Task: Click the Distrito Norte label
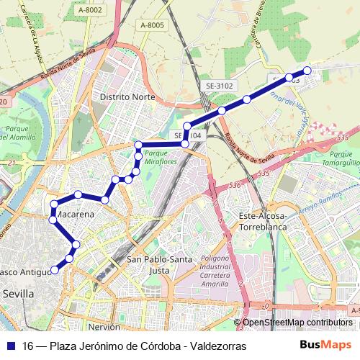click(127, 96)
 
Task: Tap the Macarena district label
click(73, 215)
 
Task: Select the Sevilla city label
click(18, 294)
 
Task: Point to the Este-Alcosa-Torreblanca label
click(263, 220)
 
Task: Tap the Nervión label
click(104, 326)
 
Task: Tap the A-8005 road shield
click(152, 25)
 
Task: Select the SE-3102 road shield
click(220, 86)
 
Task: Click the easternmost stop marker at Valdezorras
click(307, 71)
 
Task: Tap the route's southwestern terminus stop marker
click(54, 271)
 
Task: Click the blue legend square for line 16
click(10, 346)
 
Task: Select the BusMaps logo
click(325, 346)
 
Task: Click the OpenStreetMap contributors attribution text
click(297, 323)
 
